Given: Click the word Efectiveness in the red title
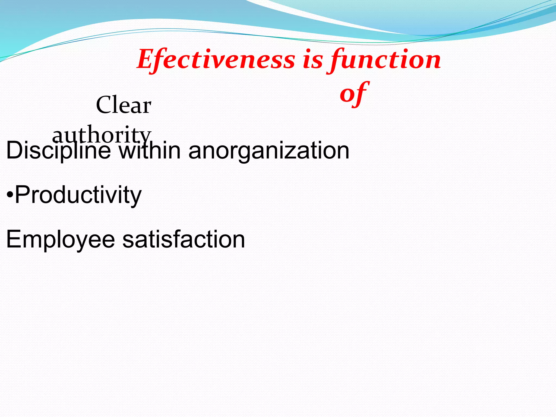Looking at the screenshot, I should point(216,59).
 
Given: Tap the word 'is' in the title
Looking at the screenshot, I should point(313,59).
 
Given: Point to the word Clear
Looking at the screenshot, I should point(124,105).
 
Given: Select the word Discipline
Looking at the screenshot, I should point(58,151).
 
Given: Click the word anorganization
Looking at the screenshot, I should point(269,151).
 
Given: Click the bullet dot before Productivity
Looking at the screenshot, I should point(10,195).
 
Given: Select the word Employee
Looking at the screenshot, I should point(61,239).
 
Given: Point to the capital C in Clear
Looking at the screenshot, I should point(104,105).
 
